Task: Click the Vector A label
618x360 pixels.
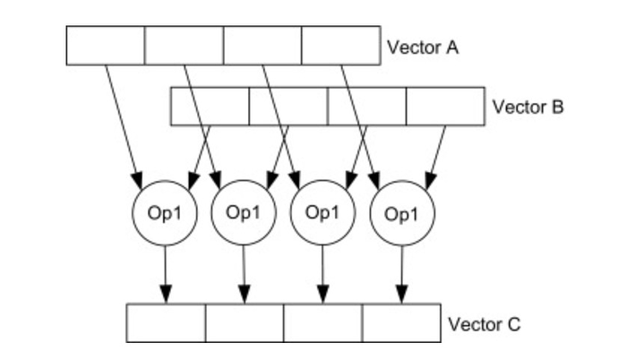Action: pyautogui.click(x=423, y=47)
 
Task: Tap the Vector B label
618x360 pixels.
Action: pyautogui.click(x=528, y=107)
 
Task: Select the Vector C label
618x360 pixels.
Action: pyautogui.click(x=484, y=323)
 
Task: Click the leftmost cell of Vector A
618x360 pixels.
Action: pyautogui.click(x=105, y=46)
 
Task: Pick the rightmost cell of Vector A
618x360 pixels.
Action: pyautogui.click(x=340, y=46)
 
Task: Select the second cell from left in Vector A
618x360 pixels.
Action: pyautogui.click(x=184, y=46)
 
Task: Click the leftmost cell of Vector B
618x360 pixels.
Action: pyautogui.click(x=210, y=107)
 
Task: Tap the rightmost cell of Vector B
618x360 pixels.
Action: pyautogui.click(x=446, y=107)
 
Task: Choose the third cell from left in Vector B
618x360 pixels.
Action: pyautogui.click(x=367, y=107)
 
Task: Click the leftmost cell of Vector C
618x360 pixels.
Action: pyautogui.click(x=166, y=323)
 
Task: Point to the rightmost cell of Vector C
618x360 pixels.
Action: pyautogui.click(x=401, y=323)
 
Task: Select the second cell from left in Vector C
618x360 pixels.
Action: pyautogui.click(x=245, y=323)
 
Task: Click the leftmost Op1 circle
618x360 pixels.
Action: pyautogui.click(x=164, y=213)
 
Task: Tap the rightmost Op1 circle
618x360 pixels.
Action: pyautogui.click(x=401, y=213)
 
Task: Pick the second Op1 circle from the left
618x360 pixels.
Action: pyautogui.click(x=243, y=213)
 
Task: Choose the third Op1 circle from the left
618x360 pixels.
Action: pyautogui.click(x=322, y=213)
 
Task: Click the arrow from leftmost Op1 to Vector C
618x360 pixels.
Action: pyautogui.click(x=165, y=273)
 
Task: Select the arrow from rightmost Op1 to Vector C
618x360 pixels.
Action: pyautogui.click(x=402, y=273)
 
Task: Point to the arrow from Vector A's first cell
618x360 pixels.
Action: pyautogui.click(x=123, y=121)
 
